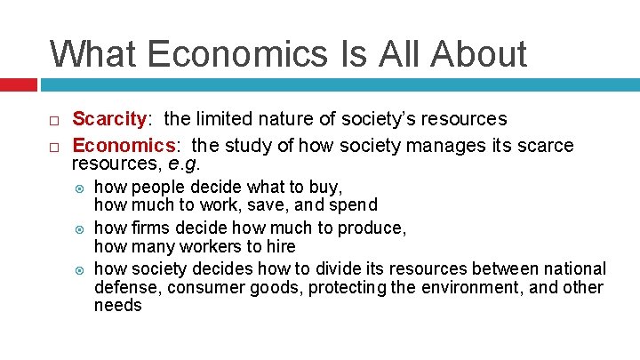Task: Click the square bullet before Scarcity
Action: [x=54, y=121]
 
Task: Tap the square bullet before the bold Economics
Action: [x=54, y=146]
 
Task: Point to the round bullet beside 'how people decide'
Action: [x=80, y=188]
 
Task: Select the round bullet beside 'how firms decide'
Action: [x=80, y=228]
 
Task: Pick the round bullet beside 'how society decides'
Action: [x=80, y=269]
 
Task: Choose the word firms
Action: [x=150, y=228]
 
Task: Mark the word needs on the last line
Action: [x=117, y=306]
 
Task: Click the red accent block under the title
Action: [x=18, y=84]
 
